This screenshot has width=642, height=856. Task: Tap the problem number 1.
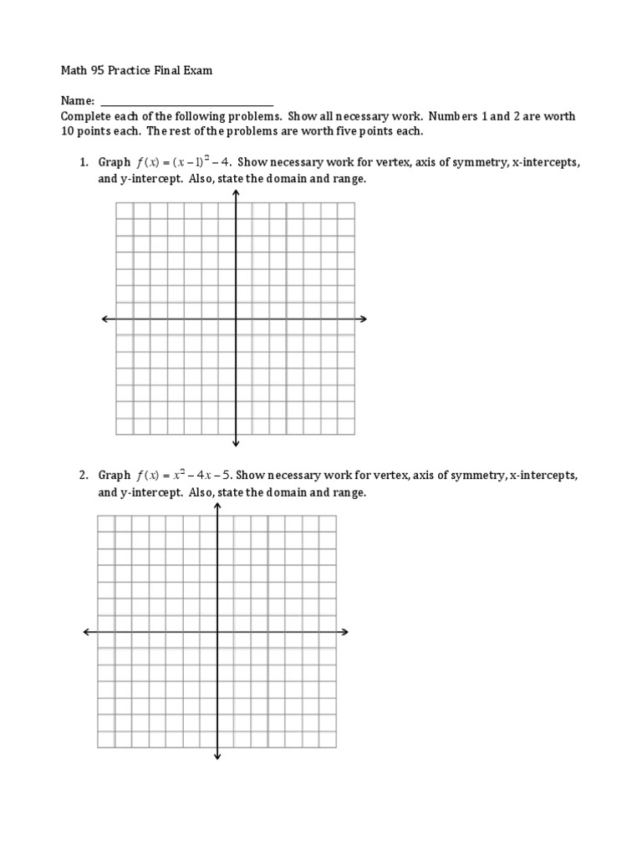(84, 162)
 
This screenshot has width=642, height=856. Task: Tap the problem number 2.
(84, 475)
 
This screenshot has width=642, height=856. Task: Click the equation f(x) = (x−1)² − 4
(181, 162)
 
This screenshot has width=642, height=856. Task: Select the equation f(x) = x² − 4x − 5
(179, 475)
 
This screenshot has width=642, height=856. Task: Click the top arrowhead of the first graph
(236, 193)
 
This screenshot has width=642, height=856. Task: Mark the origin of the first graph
(236, 318)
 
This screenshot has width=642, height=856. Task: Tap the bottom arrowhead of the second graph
(217, 757)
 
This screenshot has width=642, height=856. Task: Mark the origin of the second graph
(217, 632)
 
